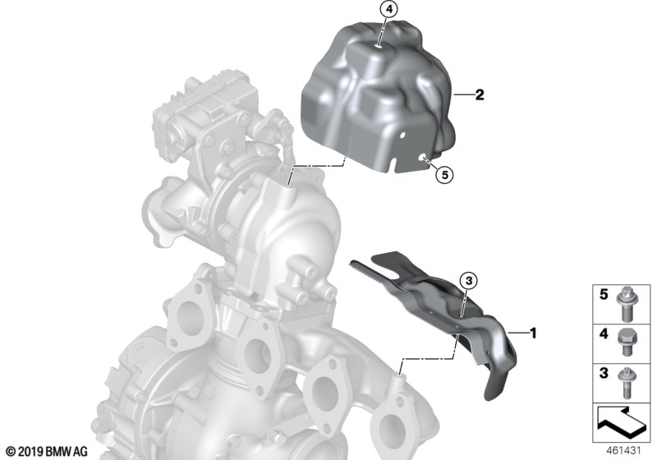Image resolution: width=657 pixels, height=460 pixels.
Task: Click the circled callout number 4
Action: (x=388, y=10)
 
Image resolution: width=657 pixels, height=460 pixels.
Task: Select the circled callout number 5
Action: (x=444, y=175)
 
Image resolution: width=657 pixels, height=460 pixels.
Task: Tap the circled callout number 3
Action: (x=468, y=280)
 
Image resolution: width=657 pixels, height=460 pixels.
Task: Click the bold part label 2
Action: (x=480, y=94)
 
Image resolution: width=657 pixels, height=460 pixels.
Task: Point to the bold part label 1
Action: (x=533, y=333)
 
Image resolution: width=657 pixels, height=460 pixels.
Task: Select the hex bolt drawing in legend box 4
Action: (x=627, y=345)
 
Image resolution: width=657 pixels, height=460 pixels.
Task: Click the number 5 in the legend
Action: (x=604, y=295)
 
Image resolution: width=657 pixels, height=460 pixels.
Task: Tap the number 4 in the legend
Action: (x=604, y=333)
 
